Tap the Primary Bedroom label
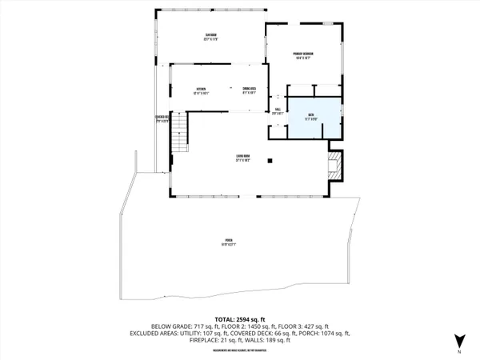click(x=302, y=55)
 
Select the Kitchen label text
click(x=189, y=91)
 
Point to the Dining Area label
click(x=250, y=91)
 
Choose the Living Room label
click(x=240, y=157)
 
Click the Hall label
click(x=277, y=113)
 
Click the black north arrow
click(x=458, y=338)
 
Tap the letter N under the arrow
click(x=458, y=352)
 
